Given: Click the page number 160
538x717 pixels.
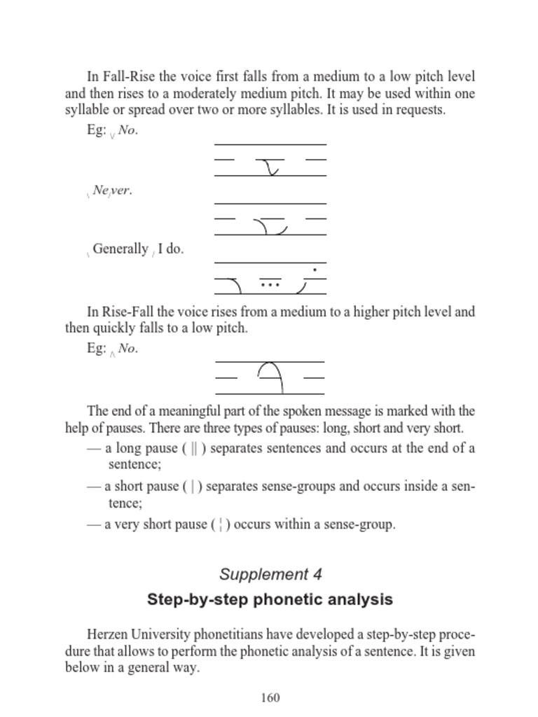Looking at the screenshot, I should pos(270,697).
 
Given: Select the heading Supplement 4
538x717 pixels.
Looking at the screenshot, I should pos(270,575).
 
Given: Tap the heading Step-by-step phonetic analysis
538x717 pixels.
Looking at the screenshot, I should pos(270,599).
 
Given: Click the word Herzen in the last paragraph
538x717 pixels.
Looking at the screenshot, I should pos(108,635).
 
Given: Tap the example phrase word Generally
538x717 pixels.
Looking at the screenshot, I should pos(120,249).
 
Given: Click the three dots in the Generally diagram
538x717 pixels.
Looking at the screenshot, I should pos(270,285).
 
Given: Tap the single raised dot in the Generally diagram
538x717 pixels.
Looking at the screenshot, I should pos(315,270).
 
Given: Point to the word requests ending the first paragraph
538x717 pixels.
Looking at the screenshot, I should pos(422,110).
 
